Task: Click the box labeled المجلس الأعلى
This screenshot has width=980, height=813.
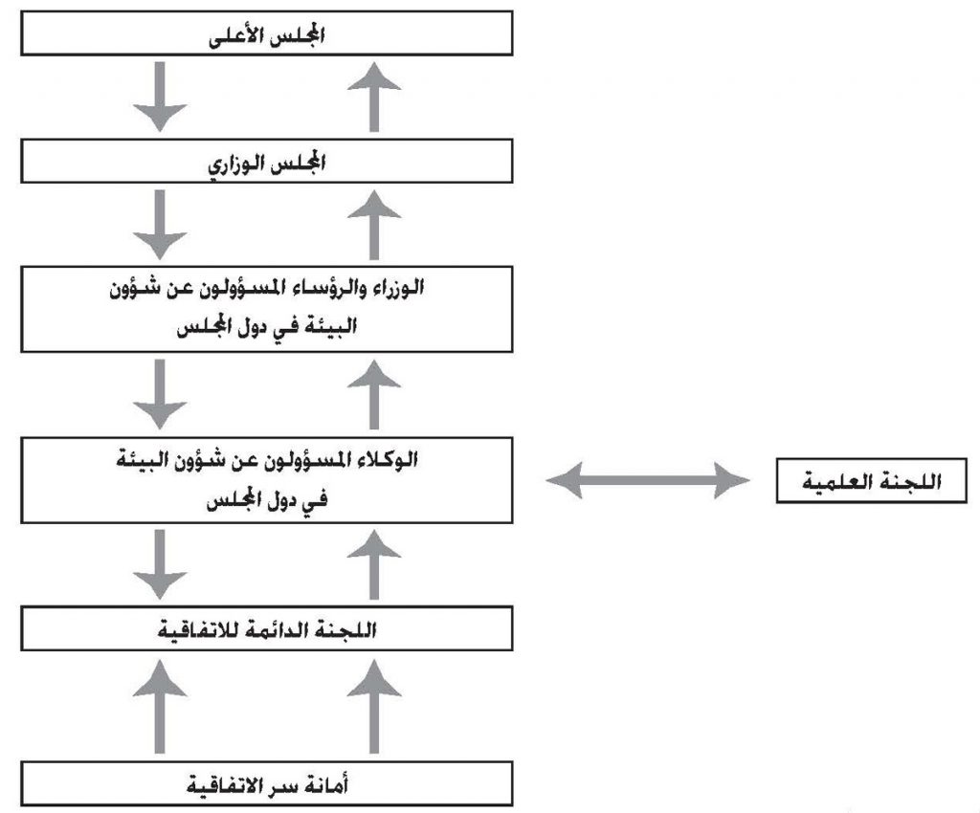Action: [x=267, y=33]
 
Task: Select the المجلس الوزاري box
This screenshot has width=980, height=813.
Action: [x=267, y=161]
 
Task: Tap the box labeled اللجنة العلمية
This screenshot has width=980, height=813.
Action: [x=871, y=480]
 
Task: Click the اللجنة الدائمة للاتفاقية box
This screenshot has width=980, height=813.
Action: [x=267, y=628]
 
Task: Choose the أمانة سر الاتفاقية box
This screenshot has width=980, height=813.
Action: [x=267, y=783]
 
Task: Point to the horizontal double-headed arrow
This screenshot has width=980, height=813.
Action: [x=648, y=480]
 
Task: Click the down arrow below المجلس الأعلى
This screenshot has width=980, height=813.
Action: [x=160, y=97]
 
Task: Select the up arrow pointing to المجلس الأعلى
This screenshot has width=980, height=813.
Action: [x=374, y=97]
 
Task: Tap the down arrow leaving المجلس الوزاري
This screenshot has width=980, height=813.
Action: [x=160, y=225]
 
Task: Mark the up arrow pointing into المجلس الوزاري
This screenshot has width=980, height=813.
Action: [x=374, y=225]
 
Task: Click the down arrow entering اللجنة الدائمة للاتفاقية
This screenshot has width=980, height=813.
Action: [x=160, y=565]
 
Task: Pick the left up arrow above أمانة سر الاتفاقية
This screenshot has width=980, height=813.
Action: [x=160, y=706]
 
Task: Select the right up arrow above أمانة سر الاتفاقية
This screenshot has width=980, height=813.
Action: [x=374, y=706]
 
